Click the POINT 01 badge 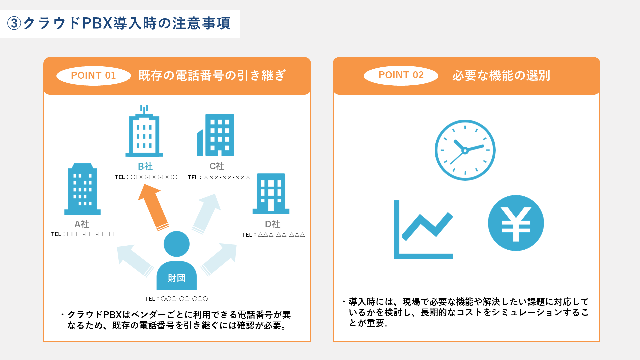point(93,76)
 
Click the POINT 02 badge point(401,75)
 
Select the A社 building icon point(82,189)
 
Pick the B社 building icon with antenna point(144,131)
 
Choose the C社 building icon point(216,135)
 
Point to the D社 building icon point(271,194)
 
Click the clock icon point(465,150)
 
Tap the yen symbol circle point(516,223)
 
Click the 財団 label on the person point(177,278)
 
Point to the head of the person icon point(177,244)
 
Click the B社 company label point(145,166)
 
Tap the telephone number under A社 point(82,234)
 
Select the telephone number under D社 point(273,235)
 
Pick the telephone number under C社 point(219,177)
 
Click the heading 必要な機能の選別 point(501,75)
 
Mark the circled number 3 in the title point(14,23)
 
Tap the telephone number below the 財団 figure point(176,299)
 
